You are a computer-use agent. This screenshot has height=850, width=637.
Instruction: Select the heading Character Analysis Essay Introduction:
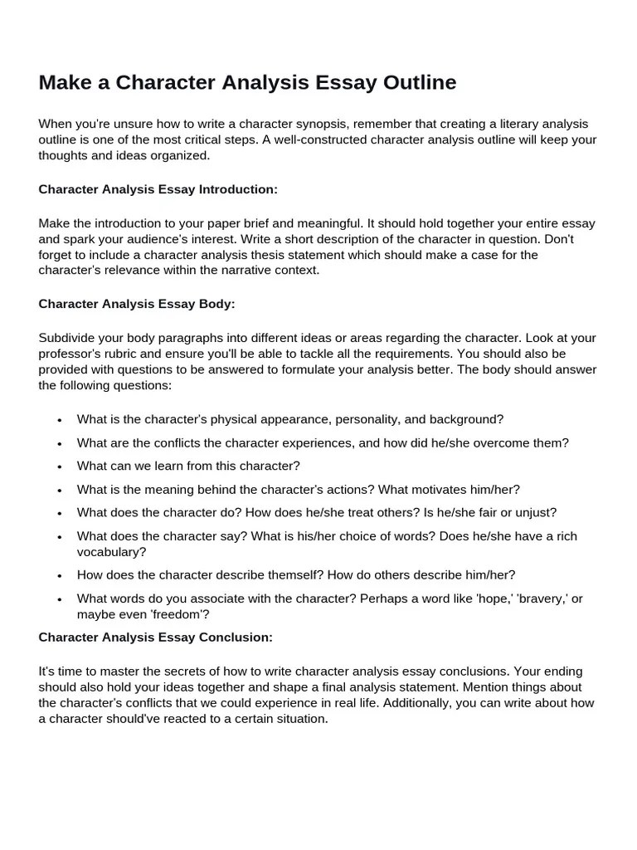point(158,189)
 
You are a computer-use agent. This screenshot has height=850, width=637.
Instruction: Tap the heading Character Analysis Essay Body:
point(137,304)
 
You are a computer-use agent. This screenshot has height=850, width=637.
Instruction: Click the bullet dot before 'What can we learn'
point(60,467)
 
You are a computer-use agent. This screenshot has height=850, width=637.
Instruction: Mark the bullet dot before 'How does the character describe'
point(60,575)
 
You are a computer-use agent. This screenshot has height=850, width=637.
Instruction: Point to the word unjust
point(537,512)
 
